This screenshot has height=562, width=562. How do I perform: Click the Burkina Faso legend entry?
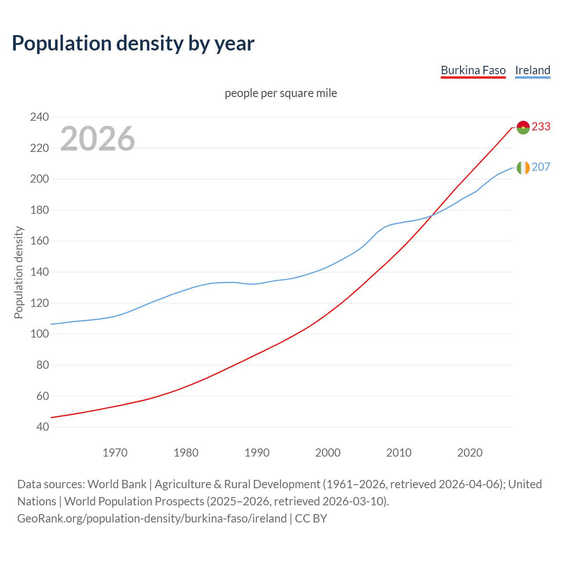473,70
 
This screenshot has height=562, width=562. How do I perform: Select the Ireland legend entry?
533,70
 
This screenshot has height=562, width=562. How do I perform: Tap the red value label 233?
541,126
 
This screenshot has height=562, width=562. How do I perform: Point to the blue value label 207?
541,167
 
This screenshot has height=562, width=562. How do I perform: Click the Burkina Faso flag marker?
523,127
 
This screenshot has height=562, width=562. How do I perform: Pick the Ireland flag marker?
523,168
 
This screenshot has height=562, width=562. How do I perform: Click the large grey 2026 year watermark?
97,139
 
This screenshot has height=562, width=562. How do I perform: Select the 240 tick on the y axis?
39,117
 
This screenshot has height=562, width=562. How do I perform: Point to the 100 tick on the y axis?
39,334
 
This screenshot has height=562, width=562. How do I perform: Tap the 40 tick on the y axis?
42,427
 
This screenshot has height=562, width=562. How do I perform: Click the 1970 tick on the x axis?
115,453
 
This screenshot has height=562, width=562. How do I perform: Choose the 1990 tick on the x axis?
257,453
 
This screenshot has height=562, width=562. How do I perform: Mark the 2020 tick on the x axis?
470,453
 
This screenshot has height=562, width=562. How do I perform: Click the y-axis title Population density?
18,272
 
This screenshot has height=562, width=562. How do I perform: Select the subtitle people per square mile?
281,93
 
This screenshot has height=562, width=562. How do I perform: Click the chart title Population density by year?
133,43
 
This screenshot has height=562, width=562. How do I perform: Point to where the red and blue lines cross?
432,215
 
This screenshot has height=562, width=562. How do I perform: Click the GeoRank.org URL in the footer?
152,519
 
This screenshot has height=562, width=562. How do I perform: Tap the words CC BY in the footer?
311,519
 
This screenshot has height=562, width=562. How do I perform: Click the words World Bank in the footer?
117,484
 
